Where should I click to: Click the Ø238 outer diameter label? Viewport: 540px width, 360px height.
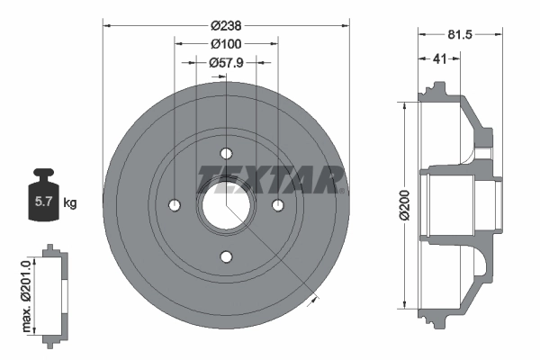point(225,26)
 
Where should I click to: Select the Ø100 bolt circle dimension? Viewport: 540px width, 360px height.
point(225,44)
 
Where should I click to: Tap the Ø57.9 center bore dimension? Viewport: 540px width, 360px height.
point(225,63)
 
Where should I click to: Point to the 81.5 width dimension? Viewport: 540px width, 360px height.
point(460,35)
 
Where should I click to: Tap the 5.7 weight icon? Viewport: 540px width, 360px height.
point(41,199)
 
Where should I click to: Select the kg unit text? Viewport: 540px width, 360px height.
point(70,203)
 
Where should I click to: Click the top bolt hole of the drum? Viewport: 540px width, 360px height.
point(226,152)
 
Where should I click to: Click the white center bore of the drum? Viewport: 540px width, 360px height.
point(226,205)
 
